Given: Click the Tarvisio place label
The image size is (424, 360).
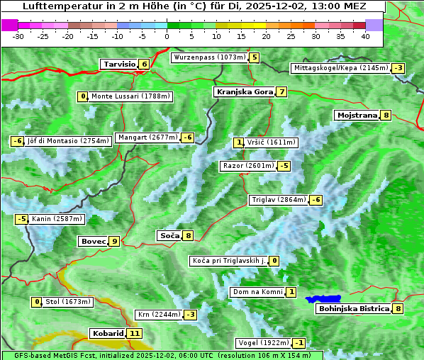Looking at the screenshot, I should tap(119, 64).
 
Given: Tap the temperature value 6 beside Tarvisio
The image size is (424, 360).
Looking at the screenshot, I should tap(144, 64).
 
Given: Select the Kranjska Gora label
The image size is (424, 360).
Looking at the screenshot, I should tap(244, 92).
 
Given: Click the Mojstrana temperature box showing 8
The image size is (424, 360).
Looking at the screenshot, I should tap(386, 116).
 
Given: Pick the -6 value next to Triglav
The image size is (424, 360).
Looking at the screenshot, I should tap(316, 200).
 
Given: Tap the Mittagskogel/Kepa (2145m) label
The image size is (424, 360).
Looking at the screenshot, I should tap(340, 68).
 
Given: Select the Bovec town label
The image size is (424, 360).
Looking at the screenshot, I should tap(93, 242).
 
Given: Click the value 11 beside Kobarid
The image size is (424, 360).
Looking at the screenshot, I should tap(135, 333).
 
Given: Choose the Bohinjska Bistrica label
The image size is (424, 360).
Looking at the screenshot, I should tap(354, 309).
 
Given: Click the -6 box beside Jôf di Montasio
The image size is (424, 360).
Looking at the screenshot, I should tap(18, 141).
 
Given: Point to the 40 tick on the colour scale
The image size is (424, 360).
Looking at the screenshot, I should tap(365, 35).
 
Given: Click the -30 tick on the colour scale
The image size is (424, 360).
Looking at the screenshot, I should tap(18, 35).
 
